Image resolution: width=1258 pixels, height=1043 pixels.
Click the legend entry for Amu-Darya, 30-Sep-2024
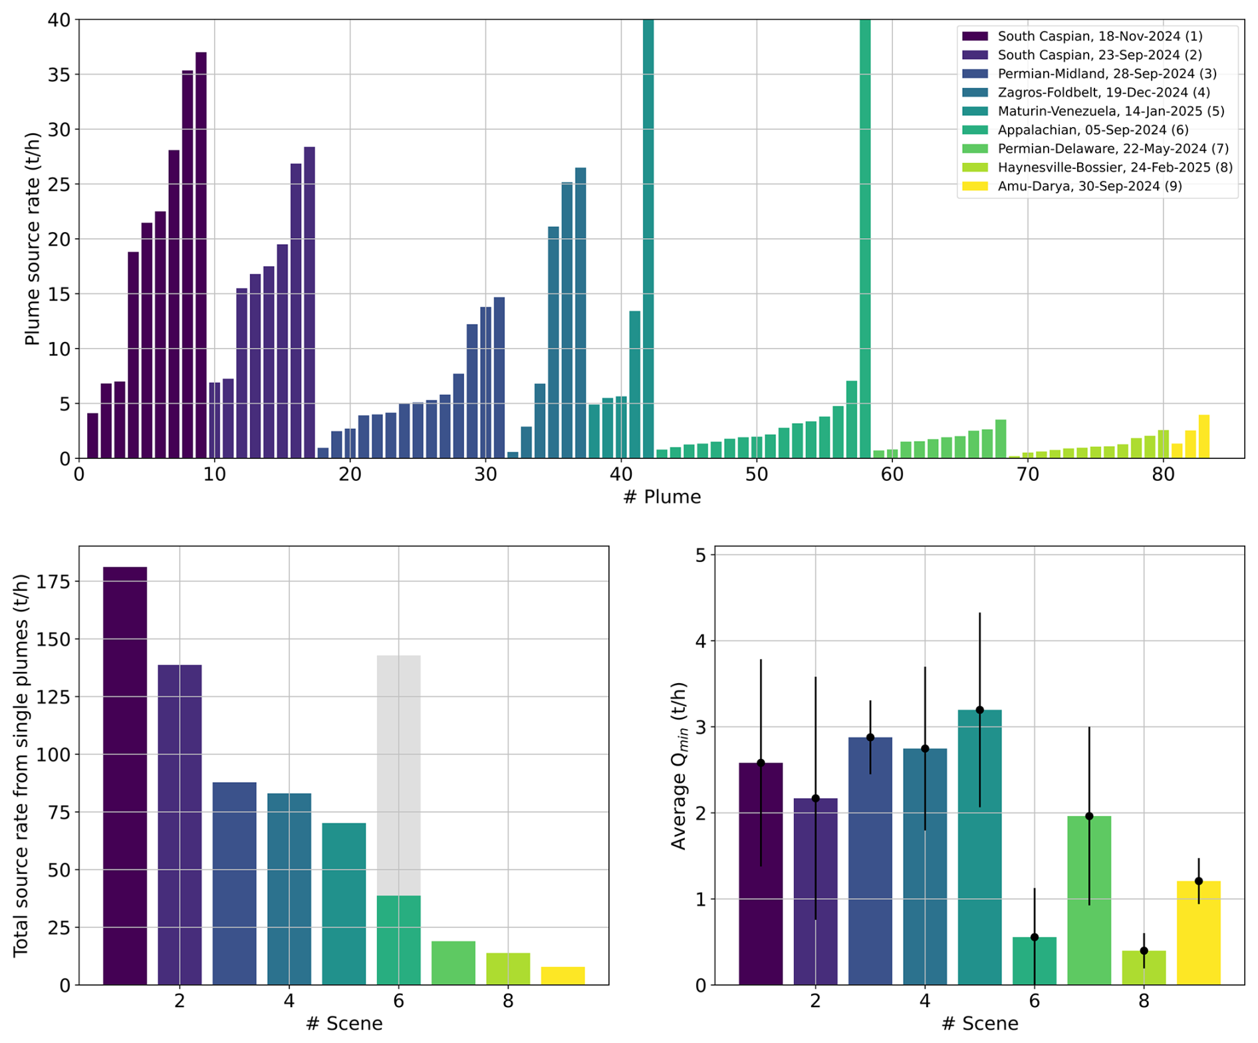point(1089,186)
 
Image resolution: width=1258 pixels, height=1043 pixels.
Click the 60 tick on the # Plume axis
point(892,475)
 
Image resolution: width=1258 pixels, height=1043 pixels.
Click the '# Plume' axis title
point(662,497)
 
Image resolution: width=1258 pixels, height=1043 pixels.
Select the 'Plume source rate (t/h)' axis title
point(32,239)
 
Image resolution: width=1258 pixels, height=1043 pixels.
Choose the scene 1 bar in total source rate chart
point(125,775)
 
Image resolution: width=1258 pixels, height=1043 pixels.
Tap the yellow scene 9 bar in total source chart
point(563,975)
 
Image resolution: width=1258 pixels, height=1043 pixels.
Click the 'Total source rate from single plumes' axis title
point(21,765)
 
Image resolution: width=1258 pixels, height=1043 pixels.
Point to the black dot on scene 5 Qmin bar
point(979,710)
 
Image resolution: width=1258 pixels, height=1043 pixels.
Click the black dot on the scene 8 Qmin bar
point(1144,951)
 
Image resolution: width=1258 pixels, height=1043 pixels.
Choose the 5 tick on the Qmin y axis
point(700,555)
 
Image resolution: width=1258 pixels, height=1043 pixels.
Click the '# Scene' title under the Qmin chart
point(979,1023)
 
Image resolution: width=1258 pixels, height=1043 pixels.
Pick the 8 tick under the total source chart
point(508,1001)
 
